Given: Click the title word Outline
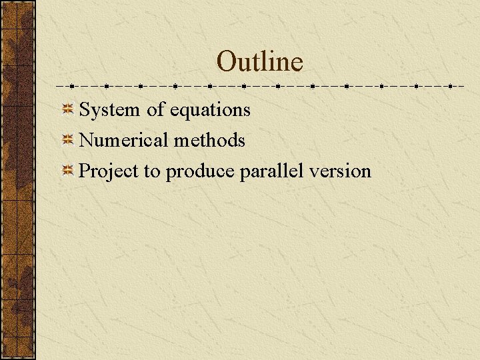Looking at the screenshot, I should (x=259, y=62).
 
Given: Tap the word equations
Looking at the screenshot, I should (x=210, y=110).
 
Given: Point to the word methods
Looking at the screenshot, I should (x=209, y=141).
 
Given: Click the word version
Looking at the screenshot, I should (x=340, y=171).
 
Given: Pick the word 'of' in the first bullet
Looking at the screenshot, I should (x=155, y=109).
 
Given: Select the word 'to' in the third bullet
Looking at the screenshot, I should (x=151, y=172).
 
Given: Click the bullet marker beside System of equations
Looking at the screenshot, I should (x=68, y=109).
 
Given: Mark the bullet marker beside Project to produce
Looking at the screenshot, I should (x=68, y=171).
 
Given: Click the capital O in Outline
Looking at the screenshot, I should (x=227, y=62).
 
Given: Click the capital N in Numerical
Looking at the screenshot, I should (x=86, y=141).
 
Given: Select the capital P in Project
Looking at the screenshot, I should (x=84, y=171).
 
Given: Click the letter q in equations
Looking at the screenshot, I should (x=181, y=112).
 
